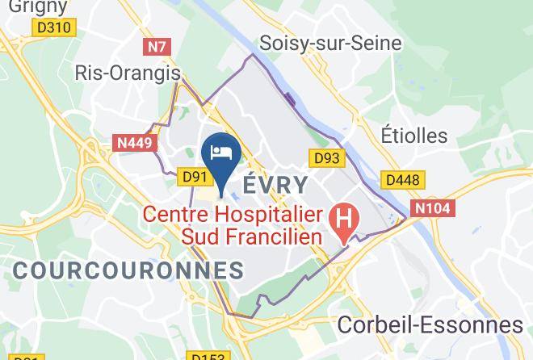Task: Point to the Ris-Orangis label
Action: click(127, 73)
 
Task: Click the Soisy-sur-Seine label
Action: click(329, 43)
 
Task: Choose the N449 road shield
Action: click(134, 144)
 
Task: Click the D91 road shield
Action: click(195, 176)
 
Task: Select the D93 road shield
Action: click(327, 159)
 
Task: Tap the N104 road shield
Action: click(434, 208)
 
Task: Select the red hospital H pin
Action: click(345, 220)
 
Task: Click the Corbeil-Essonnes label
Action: click(430, 324)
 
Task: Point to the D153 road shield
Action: click(207, 356)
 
